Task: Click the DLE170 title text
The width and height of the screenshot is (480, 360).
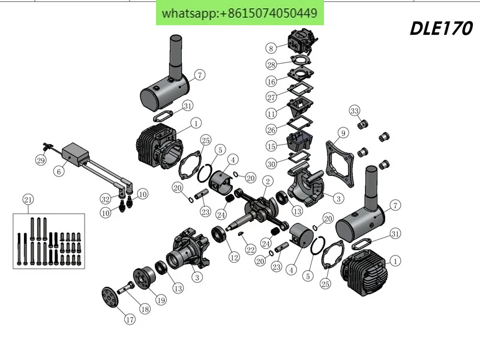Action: (x=441, y=28)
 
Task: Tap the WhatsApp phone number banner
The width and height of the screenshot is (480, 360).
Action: (x=239, y=13)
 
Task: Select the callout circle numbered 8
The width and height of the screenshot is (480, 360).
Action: (x=271, y=48)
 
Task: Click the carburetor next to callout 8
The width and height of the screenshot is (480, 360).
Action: (x=302, y=41)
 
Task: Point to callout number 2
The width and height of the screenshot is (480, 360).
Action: (x=268, y=181)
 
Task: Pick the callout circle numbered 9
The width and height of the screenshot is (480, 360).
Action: (x=343, y=133)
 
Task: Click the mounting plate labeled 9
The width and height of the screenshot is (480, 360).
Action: (x=340, y=163)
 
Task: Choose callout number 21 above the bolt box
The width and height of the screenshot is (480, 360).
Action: (x=28, y=200)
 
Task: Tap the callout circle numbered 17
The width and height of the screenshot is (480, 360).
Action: (x=130, y=319)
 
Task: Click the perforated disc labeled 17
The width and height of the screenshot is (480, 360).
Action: (x=110, y=296)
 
